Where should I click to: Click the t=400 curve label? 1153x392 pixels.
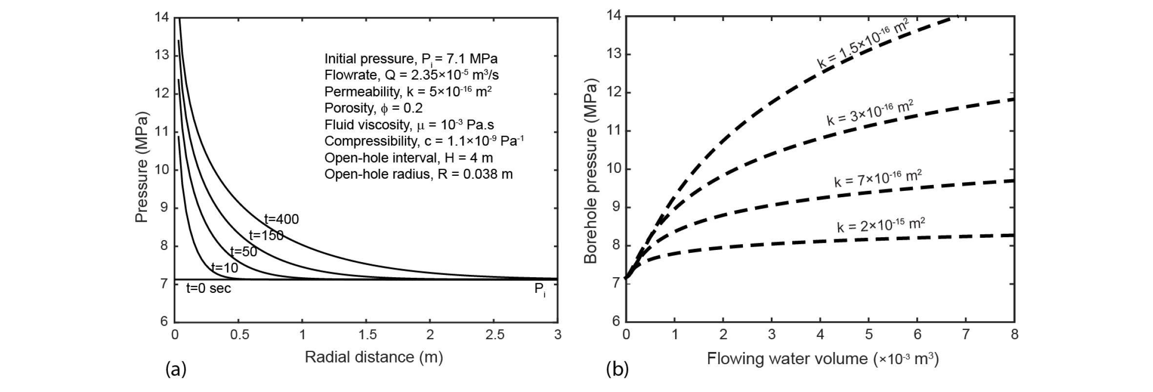(281, 219)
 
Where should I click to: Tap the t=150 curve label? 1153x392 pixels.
(266, 235)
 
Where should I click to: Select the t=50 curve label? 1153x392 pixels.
(244, 252)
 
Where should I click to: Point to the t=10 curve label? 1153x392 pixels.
(225, 268)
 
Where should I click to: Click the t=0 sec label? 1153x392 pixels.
(209, 289)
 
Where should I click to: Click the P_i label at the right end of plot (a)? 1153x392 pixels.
(540, 289)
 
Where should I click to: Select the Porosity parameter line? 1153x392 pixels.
(373, 108)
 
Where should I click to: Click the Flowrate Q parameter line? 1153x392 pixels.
(412, 75)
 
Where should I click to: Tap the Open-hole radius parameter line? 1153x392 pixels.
(418, 174)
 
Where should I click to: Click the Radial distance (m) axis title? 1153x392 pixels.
(373, 357)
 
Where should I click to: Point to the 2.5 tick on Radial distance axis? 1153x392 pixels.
(494, 335)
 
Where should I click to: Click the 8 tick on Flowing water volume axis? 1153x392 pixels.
(1014, 335)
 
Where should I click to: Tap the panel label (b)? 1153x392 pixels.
(617, 370)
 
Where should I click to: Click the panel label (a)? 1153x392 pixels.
(176, 370)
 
